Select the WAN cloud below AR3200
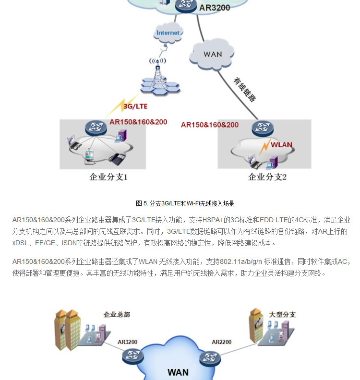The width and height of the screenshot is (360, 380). point(212,54)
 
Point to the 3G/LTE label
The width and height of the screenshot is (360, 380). point(135,106)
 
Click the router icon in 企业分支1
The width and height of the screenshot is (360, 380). point(94,128)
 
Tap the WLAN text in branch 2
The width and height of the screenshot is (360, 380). point(281,144)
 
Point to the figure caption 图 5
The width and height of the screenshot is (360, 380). point(185,203)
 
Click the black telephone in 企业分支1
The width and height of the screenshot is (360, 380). point(116,159)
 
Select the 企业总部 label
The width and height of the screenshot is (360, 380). point(117,315)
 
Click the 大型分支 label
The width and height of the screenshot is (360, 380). point(282,315)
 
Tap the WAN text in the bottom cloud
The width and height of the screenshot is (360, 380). point(178,372)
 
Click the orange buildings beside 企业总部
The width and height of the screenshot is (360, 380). point(66,328)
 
